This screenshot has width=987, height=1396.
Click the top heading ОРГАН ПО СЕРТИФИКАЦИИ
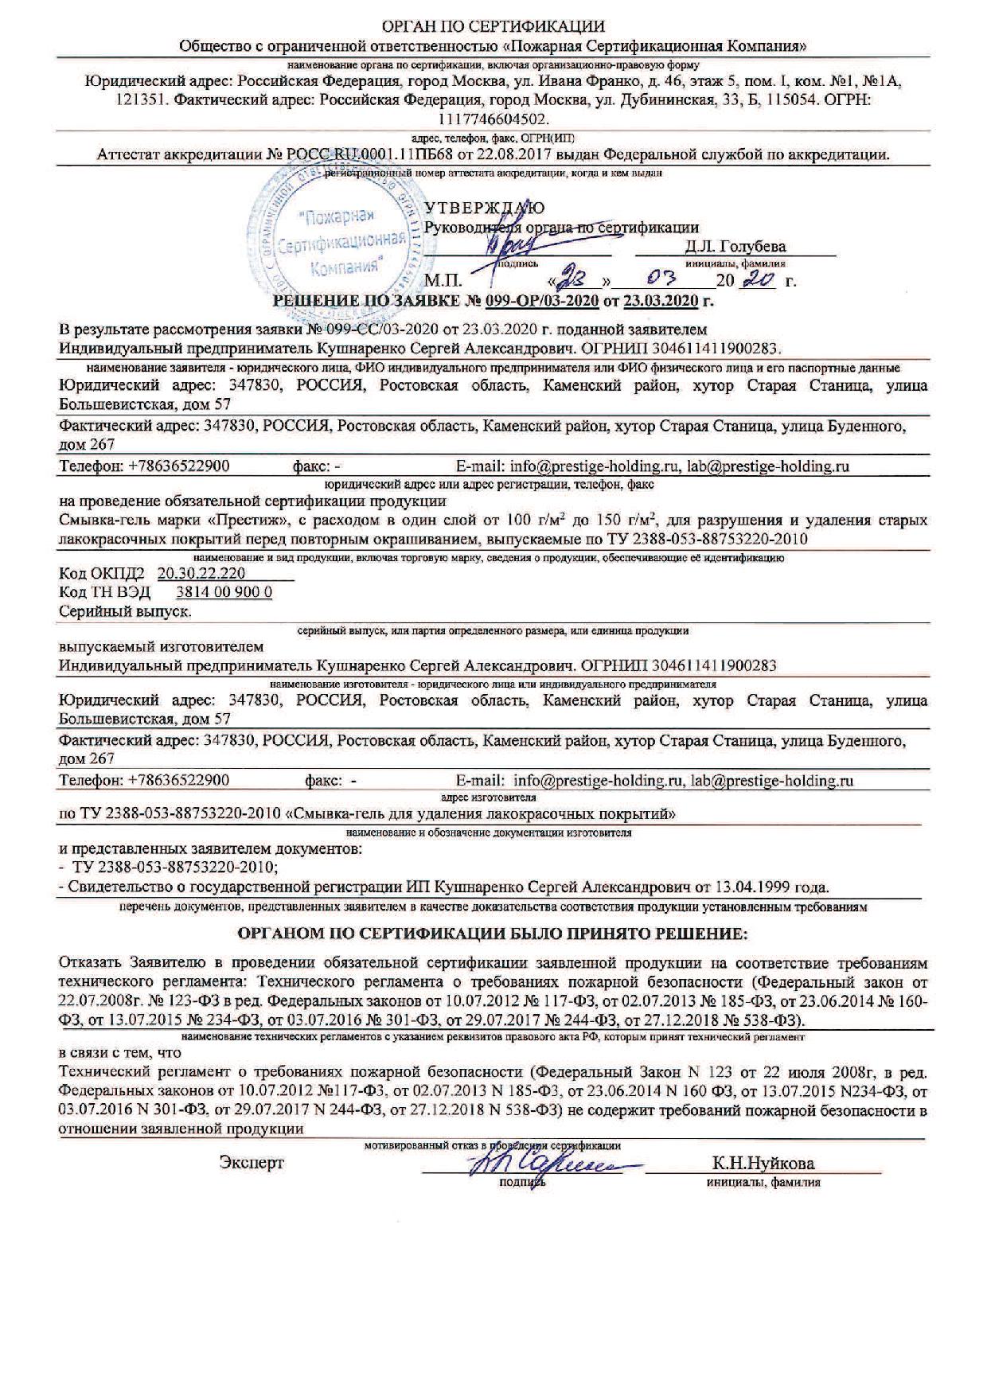(x=493, y=26)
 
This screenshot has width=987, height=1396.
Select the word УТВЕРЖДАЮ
(x=485, y=209)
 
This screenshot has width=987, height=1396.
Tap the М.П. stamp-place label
(x=443, y=281)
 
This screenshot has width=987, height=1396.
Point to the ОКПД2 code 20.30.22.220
(x=201, y=573)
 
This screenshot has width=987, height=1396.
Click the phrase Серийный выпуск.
(x=126, y=611)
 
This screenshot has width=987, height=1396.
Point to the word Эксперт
(x=252, y=1163)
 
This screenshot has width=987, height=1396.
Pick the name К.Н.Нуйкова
(x=763, y=1163)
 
